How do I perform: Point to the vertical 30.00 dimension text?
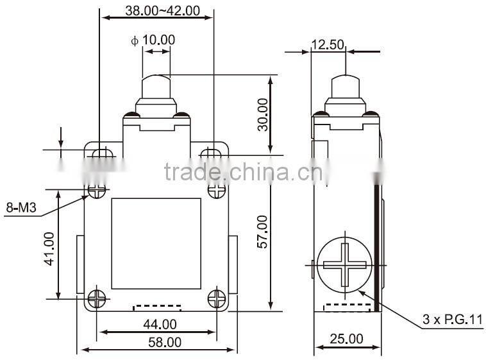point(262,115)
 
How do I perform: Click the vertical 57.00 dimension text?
point(262,232)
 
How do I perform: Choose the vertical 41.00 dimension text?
point(49,248)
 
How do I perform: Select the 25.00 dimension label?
point(346,338)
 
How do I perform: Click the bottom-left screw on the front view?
point(97,297)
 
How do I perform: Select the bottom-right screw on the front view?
point(217,297)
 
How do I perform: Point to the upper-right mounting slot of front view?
point(212,153)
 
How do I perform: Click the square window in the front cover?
point(156,243)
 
